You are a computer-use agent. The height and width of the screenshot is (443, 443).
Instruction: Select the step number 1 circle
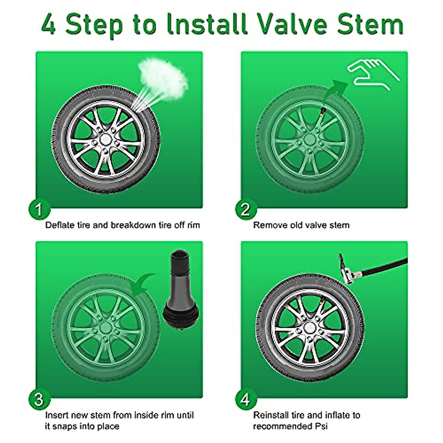click(x=39, y=209)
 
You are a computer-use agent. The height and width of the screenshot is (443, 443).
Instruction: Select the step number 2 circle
click(x=246, y=209)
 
